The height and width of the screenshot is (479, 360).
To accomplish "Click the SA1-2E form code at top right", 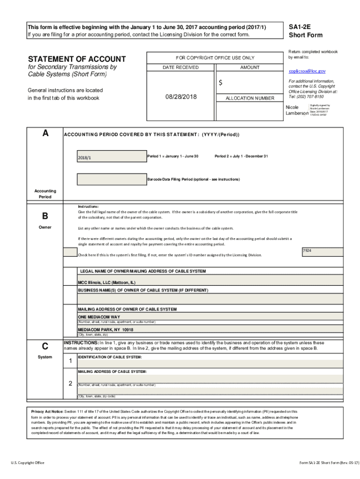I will [299, 27].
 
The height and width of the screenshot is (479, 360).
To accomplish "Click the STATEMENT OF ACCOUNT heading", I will [77, 59].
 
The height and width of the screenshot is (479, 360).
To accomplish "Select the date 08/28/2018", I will [181, 97].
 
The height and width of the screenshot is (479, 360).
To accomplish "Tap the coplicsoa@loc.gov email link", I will [307, 71].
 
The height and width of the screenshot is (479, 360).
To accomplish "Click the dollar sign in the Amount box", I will [221, 83].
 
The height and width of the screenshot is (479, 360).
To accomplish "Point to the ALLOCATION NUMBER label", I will [250, 98].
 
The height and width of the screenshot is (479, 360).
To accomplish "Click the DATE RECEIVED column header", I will [180, 67].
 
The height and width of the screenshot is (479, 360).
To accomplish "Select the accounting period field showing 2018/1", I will [111, 157].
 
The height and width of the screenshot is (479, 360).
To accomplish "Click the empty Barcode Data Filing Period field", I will [111, 179].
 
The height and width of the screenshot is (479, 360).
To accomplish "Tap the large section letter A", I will [45, 133].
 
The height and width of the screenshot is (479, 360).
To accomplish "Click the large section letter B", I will [45, 216].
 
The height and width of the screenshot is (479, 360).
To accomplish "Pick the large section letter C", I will [45, 346].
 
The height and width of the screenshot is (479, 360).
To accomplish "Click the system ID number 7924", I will [307, 251].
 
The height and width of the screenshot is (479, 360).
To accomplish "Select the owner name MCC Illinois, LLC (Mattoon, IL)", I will [107, 283].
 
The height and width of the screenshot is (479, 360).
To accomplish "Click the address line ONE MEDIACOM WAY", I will [99, 317].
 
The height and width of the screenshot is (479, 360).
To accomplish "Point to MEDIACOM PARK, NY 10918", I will [105, 329].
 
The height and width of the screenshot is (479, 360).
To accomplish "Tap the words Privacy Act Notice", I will [47, 399].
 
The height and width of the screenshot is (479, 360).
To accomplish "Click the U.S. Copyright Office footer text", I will [28, 463].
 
